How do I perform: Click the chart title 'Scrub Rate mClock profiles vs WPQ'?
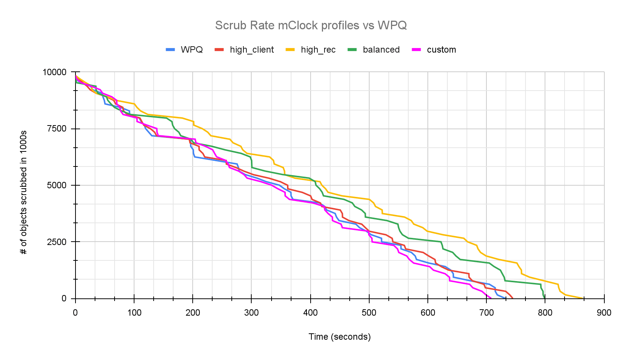coord(311,25)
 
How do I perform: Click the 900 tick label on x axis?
coord(604,313)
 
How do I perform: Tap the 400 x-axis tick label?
coord(310,313)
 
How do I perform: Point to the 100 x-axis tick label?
coord(134,313)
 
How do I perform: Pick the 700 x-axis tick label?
coord(486,313)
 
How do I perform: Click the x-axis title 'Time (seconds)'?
coord(340,337)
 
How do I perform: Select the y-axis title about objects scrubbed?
coord(24,192)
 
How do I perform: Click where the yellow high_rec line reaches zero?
coord(583,298)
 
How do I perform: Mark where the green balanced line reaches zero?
coord(545,298)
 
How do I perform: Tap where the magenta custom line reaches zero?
coord(491,298)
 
